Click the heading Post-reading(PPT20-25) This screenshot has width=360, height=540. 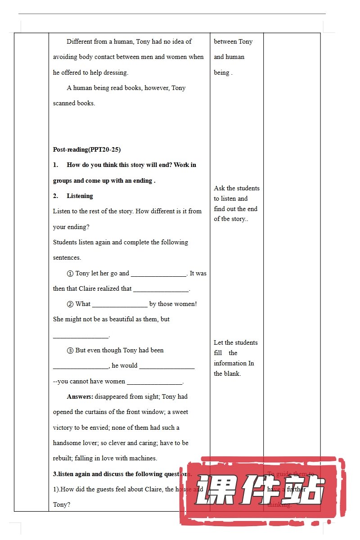pyautogui.click(x=87, y=149)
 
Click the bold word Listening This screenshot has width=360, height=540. pyautogui.click(x=80, y=196)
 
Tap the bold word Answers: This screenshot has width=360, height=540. pyautogui.click(x=80, y=396)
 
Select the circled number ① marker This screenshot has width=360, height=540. pyautogui.click(x=70, y=273)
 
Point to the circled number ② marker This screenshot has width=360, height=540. pyautogui.click(x=70, y=304)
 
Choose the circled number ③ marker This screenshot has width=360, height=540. pyautogui.click(x=70, y=350)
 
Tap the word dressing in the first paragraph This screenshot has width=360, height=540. pyautogui.click(x=116, y=72)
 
